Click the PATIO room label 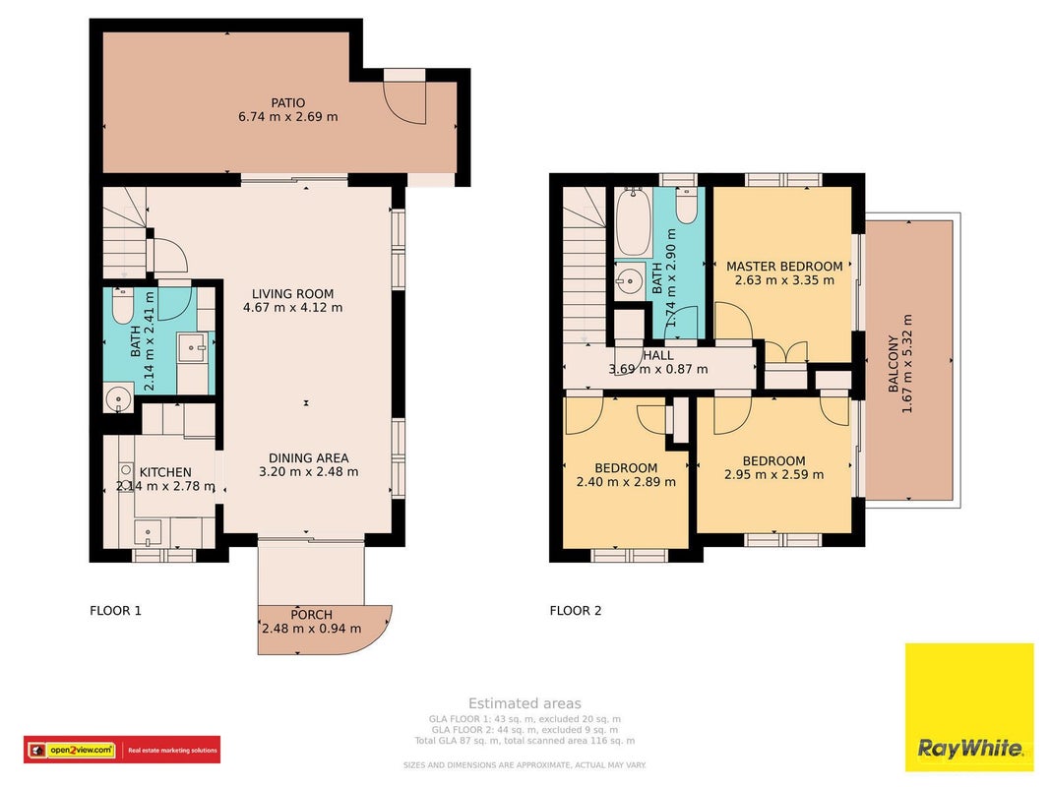pos(288,103)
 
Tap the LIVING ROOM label pos(292,294)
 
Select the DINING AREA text pos(309,458)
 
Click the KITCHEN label pos(165,472)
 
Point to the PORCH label pos(311,614)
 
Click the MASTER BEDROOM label pos(785,267)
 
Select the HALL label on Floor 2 pos(658,355)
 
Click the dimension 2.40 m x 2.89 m pos(626,482)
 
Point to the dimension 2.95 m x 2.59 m pos(774,475)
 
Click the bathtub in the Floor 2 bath pos(633,222)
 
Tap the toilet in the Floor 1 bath pos(123,307)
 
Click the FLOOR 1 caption pos(115,610)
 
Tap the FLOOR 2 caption pos(576,610)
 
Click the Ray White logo pos(969,707)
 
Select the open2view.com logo pos(122,751)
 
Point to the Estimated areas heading pos(525,703)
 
